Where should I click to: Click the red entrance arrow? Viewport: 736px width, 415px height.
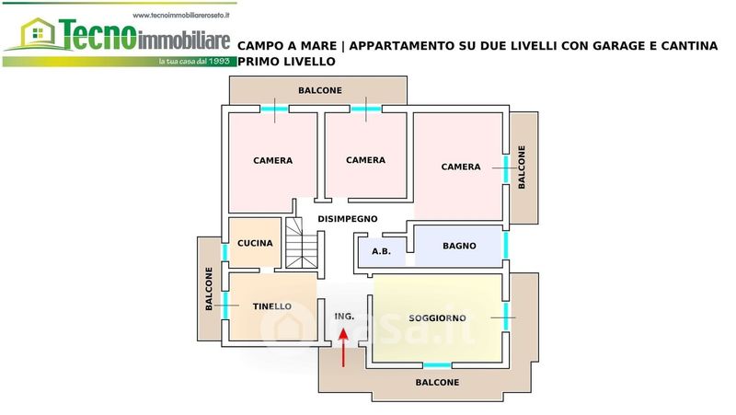[343, 348]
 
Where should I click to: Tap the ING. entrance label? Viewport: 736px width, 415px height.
[344, 317]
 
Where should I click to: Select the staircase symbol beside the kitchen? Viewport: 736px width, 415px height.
[302, 243]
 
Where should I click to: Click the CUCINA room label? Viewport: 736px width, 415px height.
[255, 243]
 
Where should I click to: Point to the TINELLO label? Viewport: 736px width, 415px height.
[271, 306]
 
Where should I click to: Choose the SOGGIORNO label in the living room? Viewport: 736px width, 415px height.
[437, 318]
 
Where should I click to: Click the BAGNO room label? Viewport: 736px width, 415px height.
[459, 246]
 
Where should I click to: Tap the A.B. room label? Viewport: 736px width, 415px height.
[381, 251]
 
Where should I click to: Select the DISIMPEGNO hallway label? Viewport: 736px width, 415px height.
[348, 219]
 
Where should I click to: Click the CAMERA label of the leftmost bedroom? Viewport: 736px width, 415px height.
[272, 160]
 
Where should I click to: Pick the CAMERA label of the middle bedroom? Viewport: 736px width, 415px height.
[365, 160]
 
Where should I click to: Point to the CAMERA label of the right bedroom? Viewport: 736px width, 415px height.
[461, 167]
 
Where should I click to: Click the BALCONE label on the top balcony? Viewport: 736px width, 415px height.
[320, 90]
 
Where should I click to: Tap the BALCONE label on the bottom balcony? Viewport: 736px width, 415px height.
[437, 383]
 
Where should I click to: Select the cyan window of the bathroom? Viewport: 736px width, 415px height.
[506, 246]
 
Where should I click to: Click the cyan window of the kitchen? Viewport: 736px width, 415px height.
[224, 252]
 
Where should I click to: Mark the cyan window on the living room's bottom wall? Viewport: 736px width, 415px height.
[437, 365]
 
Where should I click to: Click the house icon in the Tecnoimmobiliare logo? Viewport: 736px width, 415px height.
[38, 33]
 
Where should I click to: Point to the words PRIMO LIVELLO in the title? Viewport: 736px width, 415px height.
[286, 62]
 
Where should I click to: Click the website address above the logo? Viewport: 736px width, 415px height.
[181, 15]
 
